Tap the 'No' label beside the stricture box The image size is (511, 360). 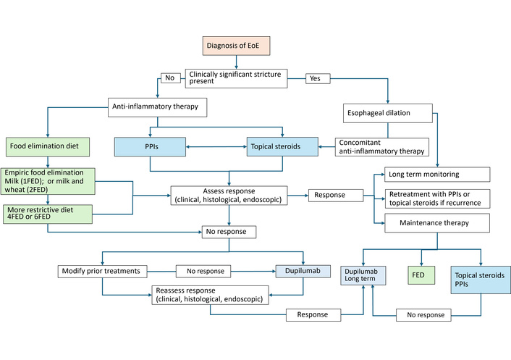click(x=170, y=78)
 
